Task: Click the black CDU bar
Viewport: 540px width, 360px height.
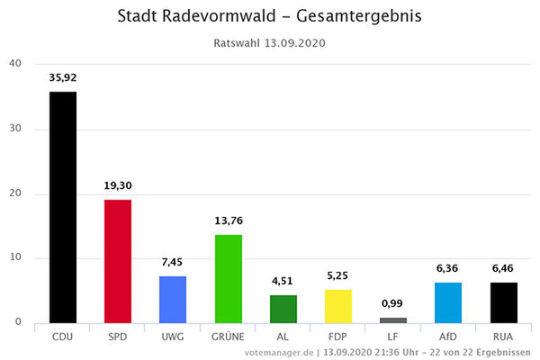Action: tap(63, 207)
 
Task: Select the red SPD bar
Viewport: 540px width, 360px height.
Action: tap(118, 261)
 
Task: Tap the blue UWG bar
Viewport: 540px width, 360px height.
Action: tap(173, 299)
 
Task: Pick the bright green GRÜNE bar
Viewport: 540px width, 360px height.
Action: tap(228, 278)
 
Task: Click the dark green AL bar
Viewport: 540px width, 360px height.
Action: tap(283, 309)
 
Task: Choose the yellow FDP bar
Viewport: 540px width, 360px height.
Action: tap(338, 306)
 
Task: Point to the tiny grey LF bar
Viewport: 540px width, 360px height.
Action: tap(393, 319)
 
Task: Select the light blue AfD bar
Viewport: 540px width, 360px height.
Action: tap(448, 302)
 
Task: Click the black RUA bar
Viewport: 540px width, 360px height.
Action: tap(504, 302)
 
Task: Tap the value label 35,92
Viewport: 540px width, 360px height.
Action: tap(63, 77)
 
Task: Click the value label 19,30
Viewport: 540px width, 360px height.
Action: tap(118, 185)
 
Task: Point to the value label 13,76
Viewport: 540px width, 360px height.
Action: tap(228, 221)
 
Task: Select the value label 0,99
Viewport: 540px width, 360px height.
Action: tap(393, 304)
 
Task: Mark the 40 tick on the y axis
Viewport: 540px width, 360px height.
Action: tap(15, 64)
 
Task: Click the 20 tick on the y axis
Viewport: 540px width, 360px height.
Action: tap(15, 193)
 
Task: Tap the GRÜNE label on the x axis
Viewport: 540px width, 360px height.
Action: tap(228, 337)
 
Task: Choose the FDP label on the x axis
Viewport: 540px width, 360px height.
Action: tap(338, 337)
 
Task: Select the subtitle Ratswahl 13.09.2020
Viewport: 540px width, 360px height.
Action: tap(269, 42)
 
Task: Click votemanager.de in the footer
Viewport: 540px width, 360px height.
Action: tap(279, 352)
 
